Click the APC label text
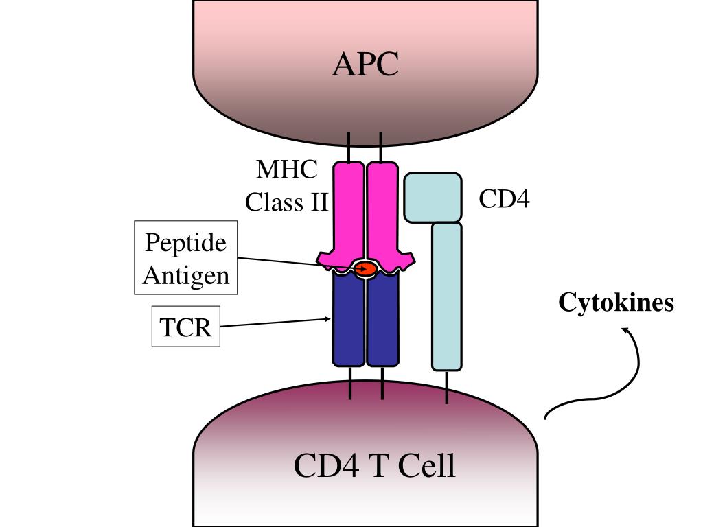pyautogui.click(x=365, y=65)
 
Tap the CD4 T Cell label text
pyautogui.click(x=374, y=466)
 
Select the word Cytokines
pyautogui.click(x=616, y=302)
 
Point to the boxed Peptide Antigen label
pyautogui.click(x=185, y=258)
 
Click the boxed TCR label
pyautogui.click(x=185, y=327)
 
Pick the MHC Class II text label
pyautogui.click(x=287, y=185)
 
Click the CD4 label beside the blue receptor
pyautogui.click(x=504, y=199)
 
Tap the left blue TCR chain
pyautogui.click(x=349, y=319)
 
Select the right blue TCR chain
pyautogui.click(x=382, y=319)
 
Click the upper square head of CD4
pyautogui.click(x=433, y=198)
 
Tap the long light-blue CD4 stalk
pyautogui.click(x=446, y=295)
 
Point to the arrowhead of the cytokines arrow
pyautogui.click(x=626, y=331)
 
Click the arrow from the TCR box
pyautogui.click(x=275, y=322)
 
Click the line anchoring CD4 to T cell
pyautogui.click(x=447, y=387)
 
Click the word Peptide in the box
pyautogui.click(x=185, y=243)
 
